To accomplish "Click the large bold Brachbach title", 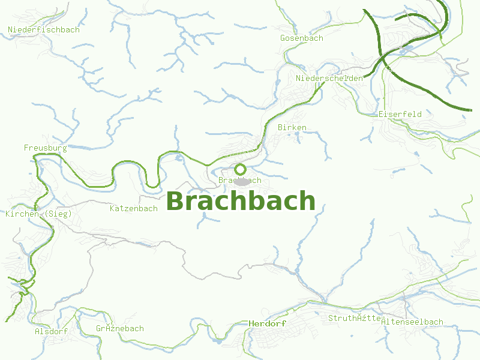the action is [x=241, y=202].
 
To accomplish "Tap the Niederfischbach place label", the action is [x=43, y=29].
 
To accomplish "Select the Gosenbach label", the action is [x=301, y=38].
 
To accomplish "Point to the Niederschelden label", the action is [x=329, y=79].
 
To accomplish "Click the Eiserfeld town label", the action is [x=400, y=114].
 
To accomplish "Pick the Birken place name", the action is [x=292, y=127].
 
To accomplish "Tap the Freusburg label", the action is [x=45, y=147].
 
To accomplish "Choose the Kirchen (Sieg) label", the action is [x=38, y=214].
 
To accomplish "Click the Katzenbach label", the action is [x=133, y=208].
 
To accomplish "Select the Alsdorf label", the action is [x=51, y=331].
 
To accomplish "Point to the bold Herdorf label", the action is [x=267, y=323].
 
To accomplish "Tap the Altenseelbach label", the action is [x=412, y=322].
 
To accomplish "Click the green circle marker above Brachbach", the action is [x=240, y=169].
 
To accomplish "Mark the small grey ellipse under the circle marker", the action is [x=241, y=181].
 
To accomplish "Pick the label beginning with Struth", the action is [x=356, y=318].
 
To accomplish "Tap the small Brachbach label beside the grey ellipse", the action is [x=240, y=180].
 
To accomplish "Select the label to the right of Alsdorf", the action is [x=119, y=328].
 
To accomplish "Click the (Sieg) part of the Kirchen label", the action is [x=58, y=214].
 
